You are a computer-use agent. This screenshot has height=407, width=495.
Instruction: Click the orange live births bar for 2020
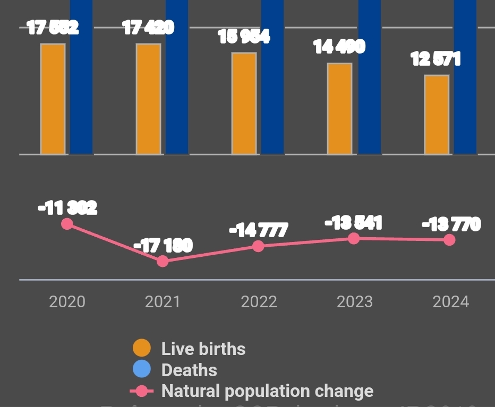tap(53, 99)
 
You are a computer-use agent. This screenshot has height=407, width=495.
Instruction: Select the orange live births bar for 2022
tap(244, 103)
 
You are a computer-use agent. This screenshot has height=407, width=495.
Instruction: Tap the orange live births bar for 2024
tap(437, 115)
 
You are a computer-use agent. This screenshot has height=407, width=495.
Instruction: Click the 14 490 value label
tap(339, 47)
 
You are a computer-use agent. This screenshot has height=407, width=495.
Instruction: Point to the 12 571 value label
tap(436, 59)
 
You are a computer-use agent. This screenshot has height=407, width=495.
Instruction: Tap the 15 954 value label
tap(244, 36)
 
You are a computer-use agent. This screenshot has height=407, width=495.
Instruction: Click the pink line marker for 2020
tap(67, 224)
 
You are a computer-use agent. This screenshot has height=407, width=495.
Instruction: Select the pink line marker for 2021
tap(163, 261)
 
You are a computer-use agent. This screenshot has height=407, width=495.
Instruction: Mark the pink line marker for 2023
tap(354, 238)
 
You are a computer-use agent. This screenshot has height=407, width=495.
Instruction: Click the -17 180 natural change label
tap(163, 245)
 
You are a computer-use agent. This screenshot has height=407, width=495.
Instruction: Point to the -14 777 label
tap(259, 230)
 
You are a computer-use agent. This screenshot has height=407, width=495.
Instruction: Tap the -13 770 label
tap(451, 224)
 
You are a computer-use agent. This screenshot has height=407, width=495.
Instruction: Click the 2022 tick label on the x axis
tap(259, 302)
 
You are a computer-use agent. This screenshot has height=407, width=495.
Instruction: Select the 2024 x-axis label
tap(451, 302)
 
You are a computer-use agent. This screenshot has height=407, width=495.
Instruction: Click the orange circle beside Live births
tap(142, 349)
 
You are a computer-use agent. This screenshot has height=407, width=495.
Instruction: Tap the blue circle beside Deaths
tap(142, 370)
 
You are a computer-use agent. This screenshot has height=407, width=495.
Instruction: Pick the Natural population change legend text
tap(267, 391)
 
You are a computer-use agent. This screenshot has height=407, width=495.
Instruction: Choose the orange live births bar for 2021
tap(149, 99)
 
